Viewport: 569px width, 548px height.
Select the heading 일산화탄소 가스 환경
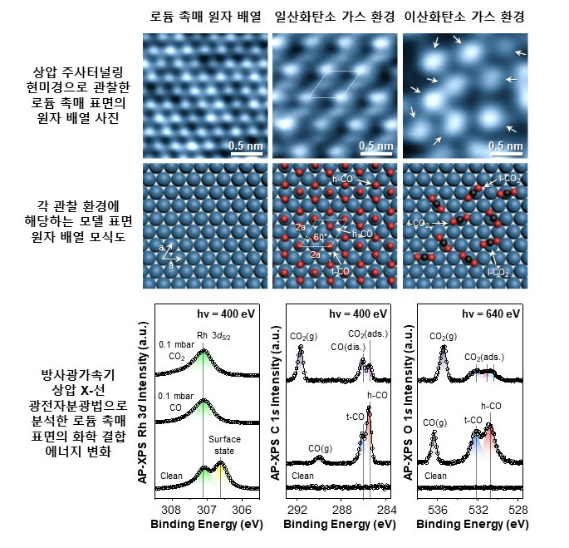click(333, 16)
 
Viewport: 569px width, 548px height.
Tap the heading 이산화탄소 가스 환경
click(464, 16)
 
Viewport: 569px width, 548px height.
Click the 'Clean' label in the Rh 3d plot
click(172, 476)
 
